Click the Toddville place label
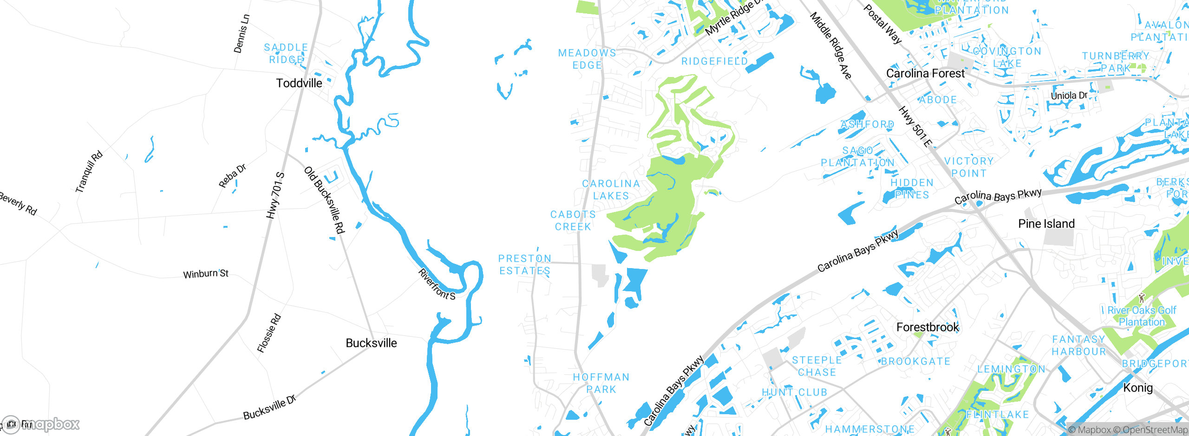point(299,83)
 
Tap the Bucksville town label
point(371,343)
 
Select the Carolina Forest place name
point(925,74)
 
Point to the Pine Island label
point(1046,224)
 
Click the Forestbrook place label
point(928,327)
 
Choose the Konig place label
point(1137,388)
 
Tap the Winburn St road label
point(206,274)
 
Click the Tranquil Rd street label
point(89,172)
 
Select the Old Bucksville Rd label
point(325,200)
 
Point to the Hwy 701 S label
point(275,195)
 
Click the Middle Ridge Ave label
point(831,45)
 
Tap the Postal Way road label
point(882,24)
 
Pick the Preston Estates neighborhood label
point(525,265)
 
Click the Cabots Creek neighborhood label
point(573,221)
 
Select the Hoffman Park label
point(601,384)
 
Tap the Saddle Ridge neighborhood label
point(286,54)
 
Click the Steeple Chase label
point(817,366)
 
